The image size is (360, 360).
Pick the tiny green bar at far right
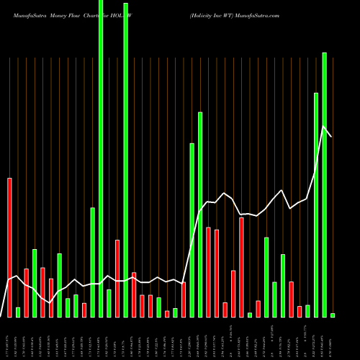[x=333, y=315]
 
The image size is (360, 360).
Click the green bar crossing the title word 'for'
[x=101, y=158]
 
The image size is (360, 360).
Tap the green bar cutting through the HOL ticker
[x=126, y=158]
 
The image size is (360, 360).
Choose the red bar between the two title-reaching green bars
[x=117, y=278]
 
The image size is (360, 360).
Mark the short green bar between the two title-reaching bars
[x=109, y=302]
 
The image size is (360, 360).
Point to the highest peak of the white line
[x=323, y=126]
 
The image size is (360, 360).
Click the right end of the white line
[x=332, y=136]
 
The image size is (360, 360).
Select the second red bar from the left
[x=27, y=292]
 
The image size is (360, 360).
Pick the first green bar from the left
[x=18, y=312]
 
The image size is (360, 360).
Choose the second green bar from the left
[x=35, y=283]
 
